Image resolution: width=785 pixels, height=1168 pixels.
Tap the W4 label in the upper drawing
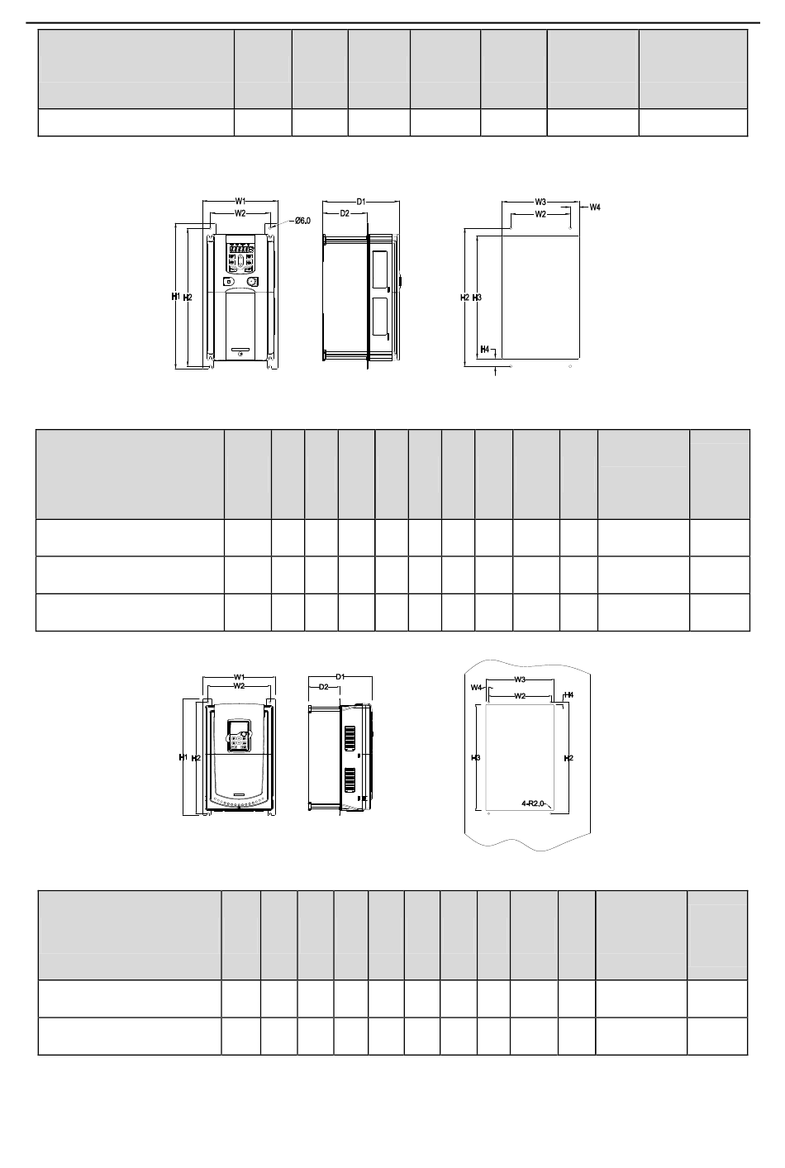594,207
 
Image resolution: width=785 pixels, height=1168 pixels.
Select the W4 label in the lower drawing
476,688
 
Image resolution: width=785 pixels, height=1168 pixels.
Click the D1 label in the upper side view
361,201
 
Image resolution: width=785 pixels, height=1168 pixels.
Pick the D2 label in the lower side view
324,687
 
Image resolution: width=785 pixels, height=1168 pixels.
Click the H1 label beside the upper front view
175,296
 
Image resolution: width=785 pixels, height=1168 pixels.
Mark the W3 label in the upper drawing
540,202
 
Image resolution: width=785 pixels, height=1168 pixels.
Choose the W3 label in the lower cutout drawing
521,679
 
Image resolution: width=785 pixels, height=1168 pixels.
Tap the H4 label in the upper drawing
485,350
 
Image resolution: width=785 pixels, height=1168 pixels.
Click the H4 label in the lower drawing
569,695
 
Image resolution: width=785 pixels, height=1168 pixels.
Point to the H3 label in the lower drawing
476,757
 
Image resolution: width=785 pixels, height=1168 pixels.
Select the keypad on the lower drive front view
240,735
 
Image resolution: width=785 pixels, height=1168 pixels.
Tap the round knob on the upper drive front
252,282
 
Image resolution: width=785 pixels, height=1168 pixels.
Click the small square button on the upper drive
228,282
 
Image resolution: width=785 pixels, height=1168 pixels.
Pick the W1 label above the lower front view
238,678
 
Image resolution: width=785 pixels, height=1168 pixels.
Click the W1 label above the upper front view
240,201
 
